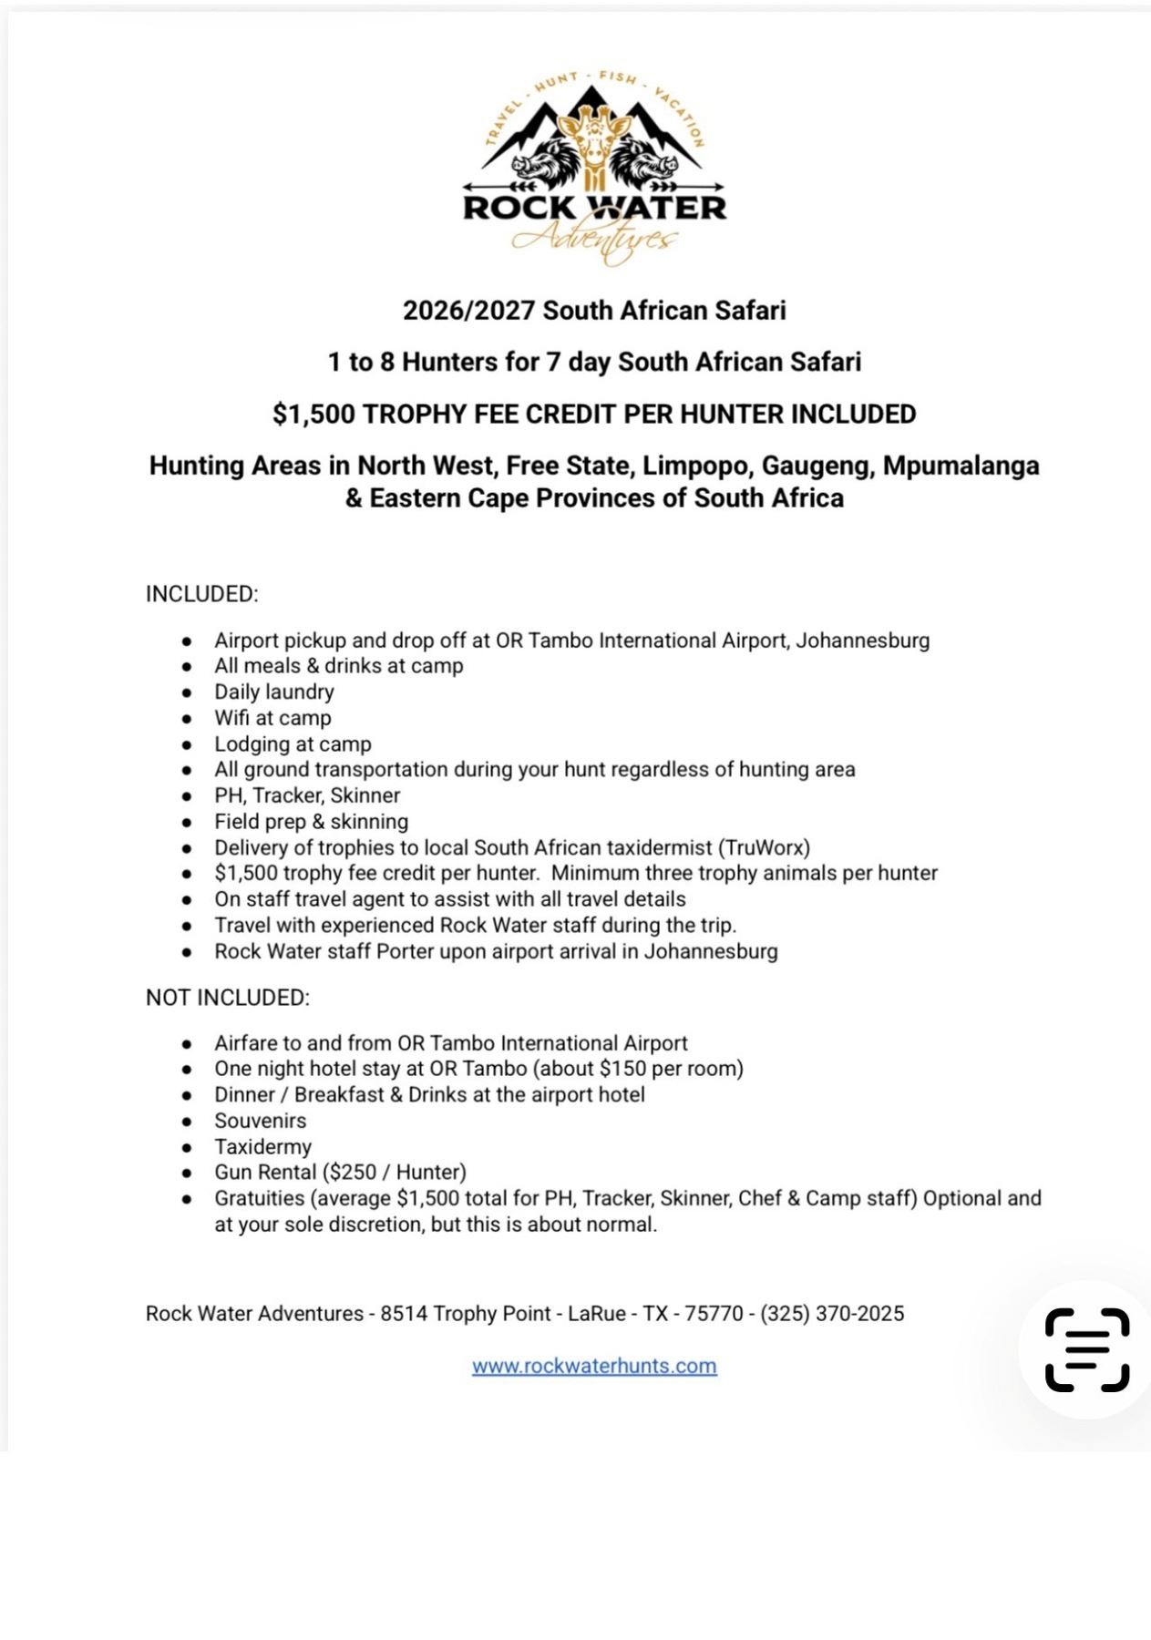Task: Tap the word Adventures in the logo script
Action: pos(594,240)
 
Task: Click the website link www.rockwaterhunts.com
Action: pos(594,1366)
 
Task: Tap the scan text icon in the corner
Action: pos(1087,1350)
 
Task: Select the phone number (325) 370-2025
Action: pos(832,1313)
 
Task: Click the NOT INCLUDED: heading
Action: pos(228,998)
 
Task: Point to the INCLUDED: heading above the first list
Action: pos(202,594)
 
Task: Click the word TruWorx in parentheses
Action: pos(764,847)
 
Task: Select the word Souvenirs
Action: pos(261,1121)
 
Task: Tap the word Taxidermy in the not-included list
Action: pos(263,1146)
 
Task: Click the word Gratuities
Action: pos(260,1198)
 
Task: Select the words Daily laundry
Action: pos(274,692)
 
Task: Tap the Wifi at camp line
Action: pos(272,718)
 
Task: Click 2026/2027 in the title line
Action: pos(468,311)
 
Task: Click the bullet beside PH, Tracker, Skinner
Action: pos(187,796)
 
